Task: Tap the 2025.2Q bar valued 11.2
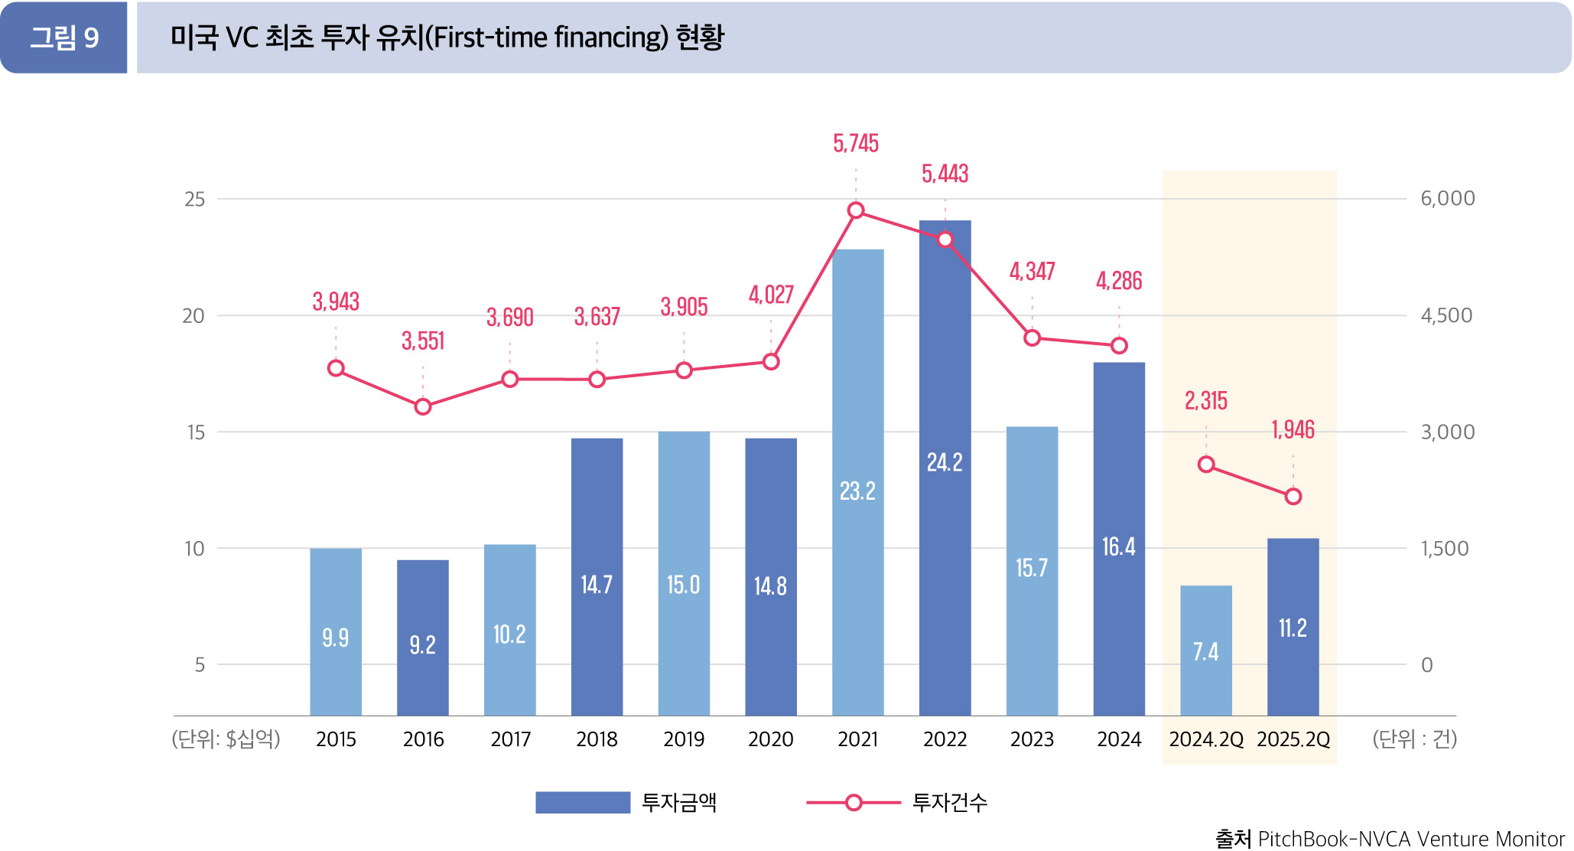point(1293,627)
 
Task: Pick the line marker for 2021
point(857,210)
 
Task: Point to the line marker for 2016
point(423,406)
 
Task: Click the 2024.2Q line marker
point(1206,465)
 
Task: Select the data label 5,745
point(856,143)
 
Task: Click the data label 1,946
point(1293,430)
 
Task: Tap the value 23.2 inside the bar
point(857,491)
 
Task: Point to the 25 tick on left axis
point(195,200)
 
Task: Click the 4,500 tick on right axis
point(1446,315)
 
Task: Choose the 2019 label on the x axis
point(684,739)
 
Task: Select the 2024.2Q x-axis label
point(1206,739)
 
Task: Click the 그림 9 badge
point(64,37)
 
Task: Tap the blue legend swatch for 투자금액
point(582,802)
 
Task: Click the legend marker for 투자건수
point(854,802)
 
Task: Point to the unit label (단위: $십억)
point(226,739)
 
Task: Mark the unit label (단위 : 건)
point(1414,739)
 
